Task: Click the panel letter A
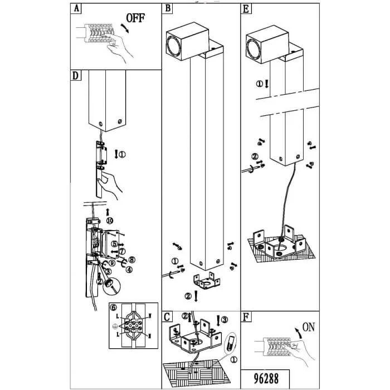(76, 9)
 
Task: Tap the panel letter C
(167, 318)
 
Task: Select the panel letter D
(76, 75)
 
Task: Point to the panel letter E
(246, 9)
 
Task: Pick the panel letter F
(246, 318)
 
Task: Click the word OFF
(135, 18)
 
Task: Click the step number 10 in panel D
(110, 221)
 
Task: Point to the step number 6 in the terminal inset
(114, 307)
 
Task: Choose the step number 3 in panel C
(225, 319)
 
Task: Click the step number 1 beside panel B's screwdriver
(175, 261)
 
